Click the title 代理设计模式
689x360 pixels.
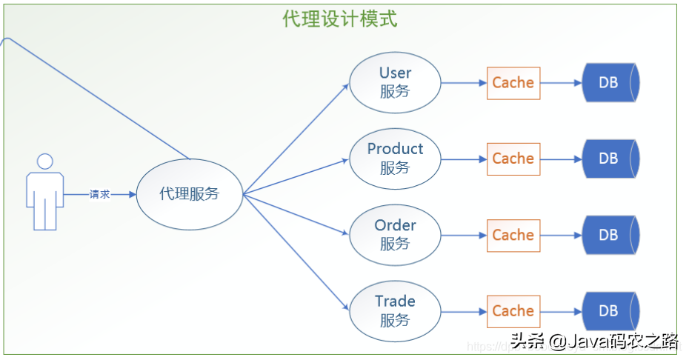click(340, 19)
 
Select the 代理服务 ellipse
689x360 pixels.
click(190, 194)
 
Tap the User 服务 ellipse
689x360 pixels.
click(395, 82)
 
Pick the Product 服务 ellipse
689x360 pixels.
click(395, 159)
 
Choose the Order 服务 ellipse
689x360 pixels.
click(395, 234)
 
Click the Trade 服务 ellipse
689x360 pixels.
click(395, 310)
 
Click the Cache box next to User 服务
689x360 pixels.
click(513, 83)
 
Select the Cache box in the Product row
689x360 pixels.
click(513, 159)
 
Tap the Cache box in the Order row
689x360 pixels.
click(513, 235)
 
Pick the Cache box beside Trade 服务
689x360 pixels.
click(513, 311)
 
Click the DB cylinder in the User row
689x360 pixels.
click(610, 83)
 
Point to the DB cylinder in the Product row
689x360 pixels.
click(610, 159)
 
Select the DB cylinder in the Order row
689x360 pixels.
click(610, 235)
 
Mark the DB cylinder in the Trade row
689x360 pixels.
click(610, 311)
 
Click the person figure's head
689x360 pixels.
click(45, 161)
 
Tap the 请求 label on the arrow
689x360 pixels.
click(100, 194)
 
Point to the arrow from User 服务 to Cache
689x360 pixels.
click(464, 83)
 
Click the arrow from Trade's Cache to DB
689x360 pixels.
click(562, 311)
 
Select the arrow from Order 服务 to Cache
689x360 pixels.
click(464, 235)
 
